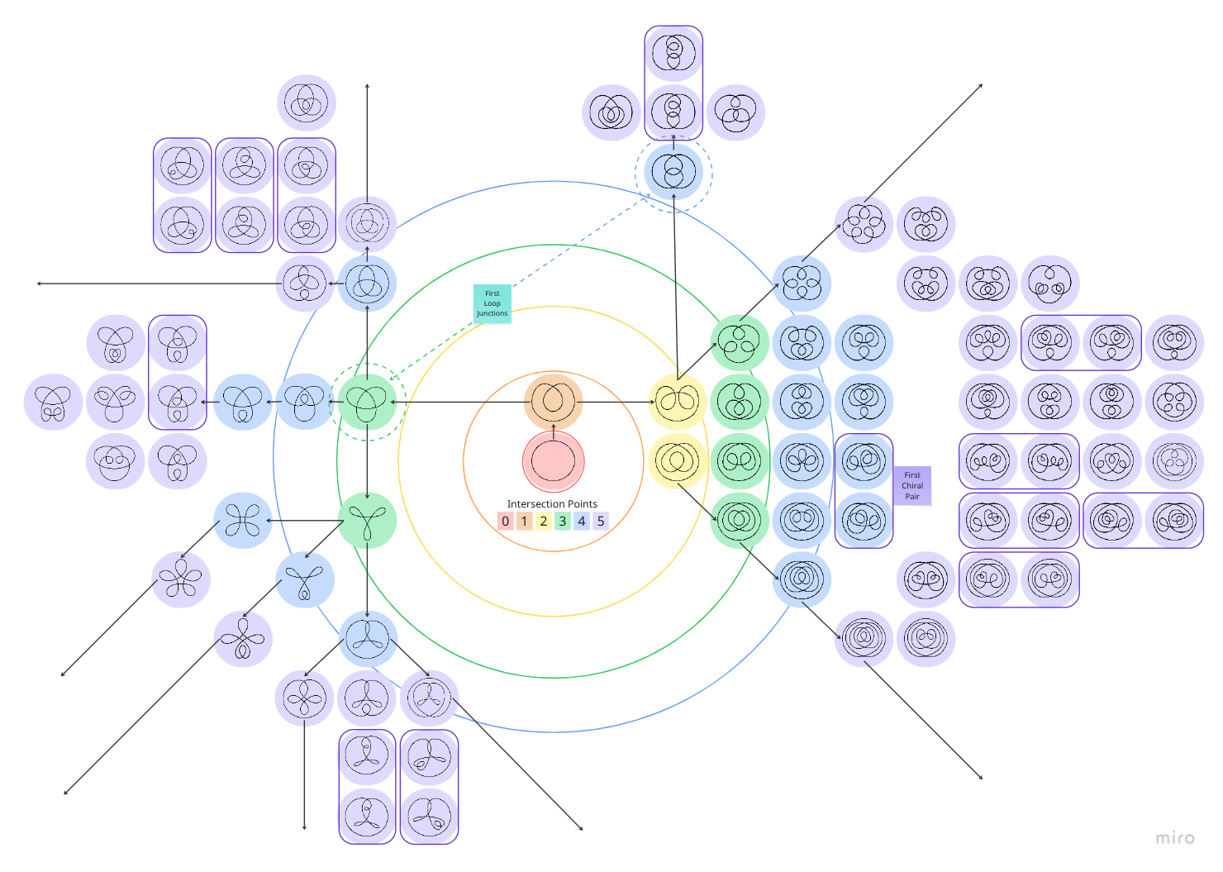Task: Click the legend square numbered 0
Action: [506, 522]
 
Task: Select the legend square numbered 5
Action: [601, 522]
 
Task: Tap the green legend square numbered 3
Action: [563, 522]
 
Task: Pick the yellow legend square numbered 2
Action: [544, 522]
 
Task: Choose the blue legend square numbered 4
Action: [582, 522]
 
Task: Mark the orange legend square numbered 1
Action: [525, 522]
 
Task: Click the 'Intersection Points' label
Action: [552, 504]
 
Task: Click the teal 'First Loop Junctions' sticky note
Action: [493, 303]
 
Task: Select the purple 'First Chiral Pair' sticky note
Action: [912, 485]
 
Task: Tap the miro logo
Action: [1174, 838]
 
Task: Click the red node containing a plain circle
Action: [554, 462]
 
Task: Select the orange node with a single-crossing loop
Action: [554, 402]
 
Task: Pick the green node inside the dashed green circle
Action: [367, 403]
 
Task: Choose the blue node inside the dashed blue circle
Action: [673, 173]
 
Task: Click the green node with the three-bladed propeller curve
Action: [367, 521]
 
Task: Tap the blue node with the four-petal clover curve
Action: [243, 521]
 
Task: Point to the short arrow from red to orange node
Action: [554, 431]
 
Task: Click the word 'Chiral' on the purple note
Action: [912, 486]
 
